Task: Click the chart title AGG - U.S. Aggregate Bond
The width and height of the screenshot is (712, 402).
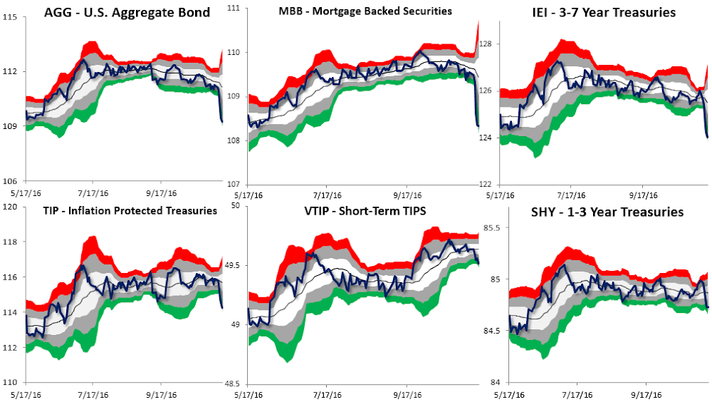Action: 127,13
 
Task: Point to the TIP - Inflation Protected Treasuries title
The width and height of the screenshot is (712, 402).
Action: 120,210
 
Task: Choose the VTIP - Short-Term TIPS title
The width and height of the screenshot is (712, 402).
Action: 355,212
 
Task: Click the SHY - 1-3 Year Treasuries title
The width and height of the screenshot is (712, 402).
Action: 607,212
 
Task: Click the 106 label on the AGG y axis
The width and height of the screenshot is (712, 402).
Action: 10,180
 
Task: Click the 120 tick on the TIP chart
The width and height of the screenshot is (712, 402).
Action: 10,207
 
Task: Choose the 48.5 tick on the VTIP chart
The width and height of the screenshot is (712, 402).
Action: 232,383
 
